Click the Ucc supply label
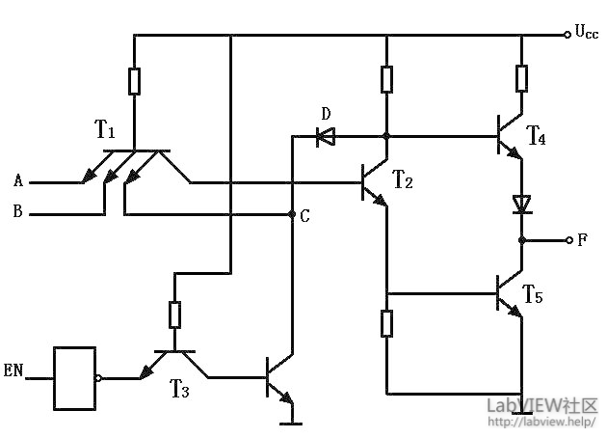click(x=587, y=34)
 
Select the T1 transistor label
click(x=106, y=129)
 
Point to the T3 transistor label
click(x=180, y=389)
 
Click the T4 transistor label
click(x=536, y=138)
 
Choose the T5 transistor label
click(x=533, y=293)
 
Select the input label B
click(x=17, y=213)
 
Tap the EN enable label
click(x=13, y=370)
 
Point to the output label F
click(x=582, y=240)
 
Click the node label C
click(x=304, y=216)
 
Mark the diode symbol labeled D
click(x=326, y=138)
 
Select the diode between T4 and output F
click(x=521, y=205)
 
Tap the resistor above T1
click(x=134, y=81)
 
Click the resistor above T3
click(x=174, y=315)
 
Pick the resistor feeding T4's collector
click(x=521, y=77)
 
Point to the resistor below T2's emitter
click(x=386, y=323)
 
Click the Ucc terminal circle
click(x=567, y=35)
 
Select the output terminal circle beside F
click(x=567, y=240)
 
